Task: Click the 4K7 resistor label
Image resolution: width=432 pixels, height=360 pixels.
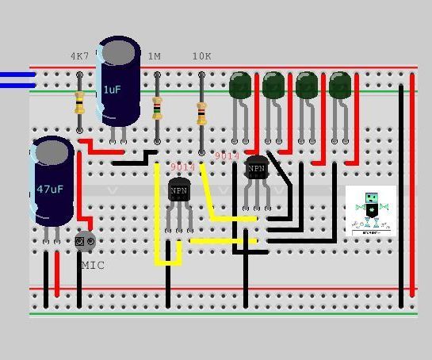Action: click(79, 57)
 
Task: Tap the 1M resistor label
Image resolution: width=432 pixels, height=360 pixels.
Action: click(155, 57)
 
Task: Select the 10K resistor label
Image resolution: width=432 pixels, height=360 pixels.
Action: click(202, 57)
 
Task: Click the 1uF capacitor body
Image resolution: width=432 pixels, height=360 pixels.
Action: click(118, 84)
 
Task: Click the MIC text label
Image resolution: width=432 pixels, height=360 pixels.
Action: click(92, 265)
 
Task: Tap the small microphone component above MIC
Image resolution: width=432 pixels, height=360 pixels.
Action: click(85, 240)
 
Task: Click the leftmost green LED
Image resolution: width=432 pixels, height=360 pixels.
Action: click(240, 85)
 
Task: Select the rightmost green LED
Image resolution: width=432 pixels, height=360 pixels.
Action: click(340, 85)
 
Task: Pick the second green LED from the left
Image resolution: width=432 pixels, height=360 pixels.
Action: click(273, 85)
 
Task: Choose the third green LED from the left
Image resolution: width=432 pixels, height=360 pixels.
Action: click(307, 85)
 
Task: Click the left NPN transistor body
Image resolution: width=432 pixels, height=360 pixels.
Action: click(179, 191)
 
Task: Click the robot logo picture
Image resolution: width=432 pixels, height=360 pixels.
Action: click(371, 210)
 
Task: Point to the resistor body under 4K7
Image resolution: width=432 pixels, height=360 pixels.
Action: click(79, 102)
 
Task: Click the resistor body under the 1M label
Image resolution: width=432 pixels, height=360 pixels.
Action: click(157, 107)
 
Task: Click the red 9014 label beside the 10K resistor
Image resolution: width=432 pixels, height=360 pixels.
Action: click(227, 156)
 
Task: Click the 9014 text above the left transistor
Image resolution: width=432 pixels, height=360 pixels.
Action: click(182, 167)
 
